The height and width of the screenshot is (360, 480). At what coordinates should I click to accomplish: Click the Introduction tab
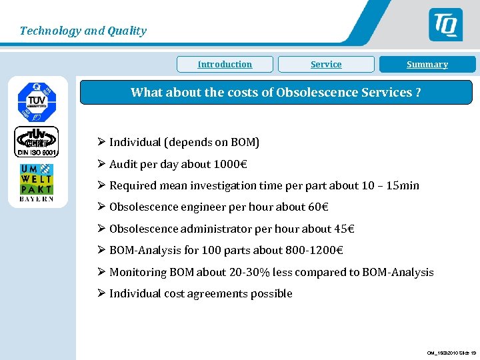pyautogui.click(x=225, y=65)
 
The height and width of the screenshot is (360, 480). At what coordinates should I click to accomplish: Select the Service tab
pyautogui.click(x=326, y=65)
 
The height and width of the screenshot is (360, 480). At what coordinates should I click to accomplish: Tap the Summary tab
pyautogui.click(x=427, y=65)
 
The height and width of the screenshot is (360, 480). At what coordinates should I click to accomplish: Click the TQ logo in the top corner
pyautogui.click(x=445, y=25)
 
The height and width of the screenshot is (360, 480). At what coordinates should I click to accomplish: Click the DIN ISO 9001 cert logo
pyautogui.click(x=37, y=141)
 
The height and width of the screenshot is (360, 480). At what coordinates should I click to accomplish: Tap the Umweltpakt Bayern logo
pyautogui.click(x=37, y=182)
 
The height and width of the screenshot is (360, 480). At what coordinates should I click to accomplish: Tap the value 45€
pyautogui.click(x=343, y=229)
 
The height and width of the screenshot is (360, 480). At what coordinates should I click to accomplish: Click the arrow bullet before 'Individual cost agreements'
pyautogui.click(x=101, y=293)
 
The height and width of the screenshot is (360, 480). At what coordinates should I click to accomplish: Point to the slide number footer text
pyautogui.click(x=451, y=353)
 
